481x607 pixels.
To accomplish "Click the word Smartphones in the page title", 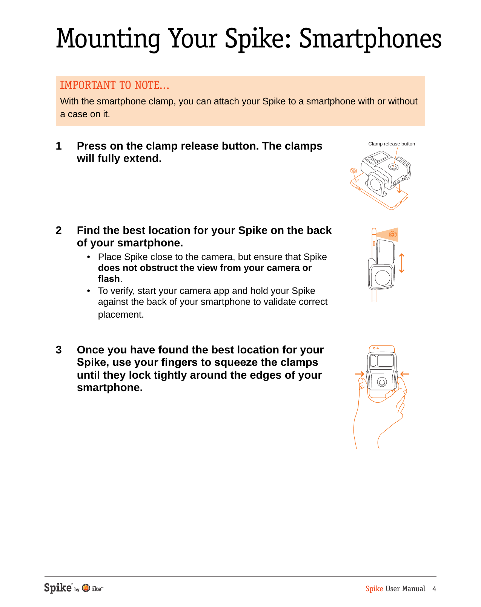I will coord(370,39).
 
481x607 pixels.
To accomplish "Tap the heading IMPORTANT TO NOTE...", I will coord(114,86).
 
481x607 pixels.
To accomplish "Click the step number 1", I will coord(58,146).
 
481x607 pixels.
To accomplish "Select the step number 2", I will coord(58,231).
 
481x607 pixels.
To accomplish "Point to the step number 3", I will coord(58,350).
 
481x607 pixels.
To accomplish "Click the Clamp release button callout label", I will coord(391,144).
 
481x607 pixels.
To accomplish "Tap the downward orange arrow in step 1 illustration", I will coord(399,188).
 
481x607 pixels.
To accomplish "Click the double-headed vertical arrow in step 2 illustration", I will coord(401,263).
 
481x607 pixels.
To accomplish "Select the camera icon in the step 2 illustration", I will coord(393,234).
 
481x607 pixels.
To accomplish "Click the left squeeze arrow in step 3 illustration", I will coord(360,374).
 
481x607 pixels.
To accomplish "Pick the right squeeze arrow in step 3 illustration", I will coord(405,374).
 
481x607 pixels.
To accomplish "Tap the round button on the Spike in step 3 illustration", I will coord(382,382).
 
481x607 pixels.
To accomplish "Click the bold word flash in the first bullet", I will coord(109,279).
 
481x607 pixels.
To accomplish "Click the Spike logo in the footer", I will coord(58,588).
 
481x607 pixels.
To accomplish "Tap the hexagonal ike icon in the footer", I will coord(86,588).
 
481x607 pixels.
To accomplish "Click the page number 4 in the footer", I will coord(434,589).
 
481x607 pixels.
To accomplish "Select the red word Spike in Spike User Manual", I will coord(374,589).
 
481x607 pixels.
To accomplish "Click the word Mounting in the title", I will coord(108,39).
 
